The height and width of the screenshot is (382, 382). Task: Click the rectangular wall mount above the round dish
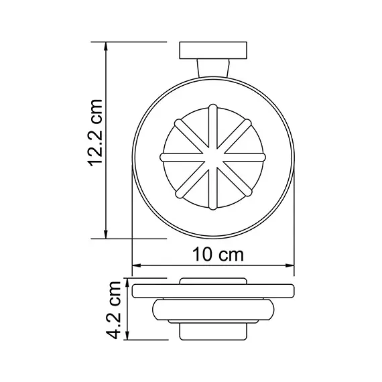212,52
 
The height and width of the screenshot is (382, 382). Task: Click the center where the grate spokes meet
212,157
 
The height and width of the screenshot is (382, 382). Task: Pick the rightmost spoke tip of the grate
263,157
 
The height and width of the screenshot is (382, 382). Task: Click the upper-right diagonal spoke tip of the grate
249,121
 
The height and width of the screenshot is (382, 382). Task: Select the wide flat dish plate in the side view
212,292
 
